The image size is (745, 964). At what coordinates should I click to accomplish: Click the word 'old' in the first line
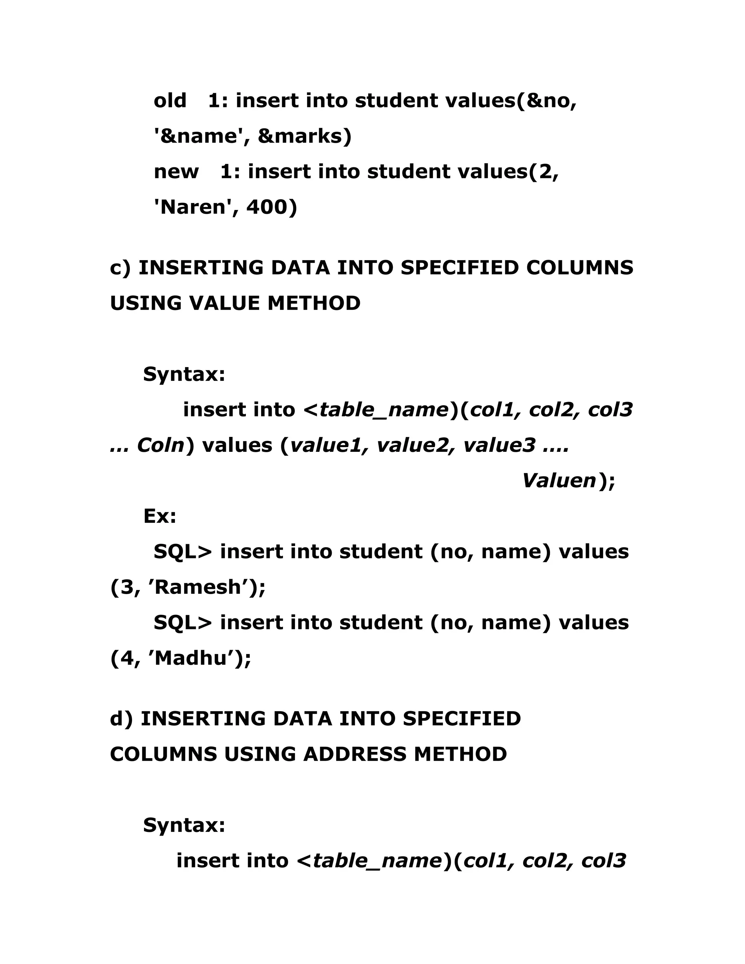click(x=170, y=101)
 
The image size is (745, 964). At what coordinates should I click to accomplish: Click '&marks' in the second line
click(x=304, y=136)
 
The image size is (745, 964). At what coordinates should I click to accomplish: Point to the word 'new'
click(x=176, y=172)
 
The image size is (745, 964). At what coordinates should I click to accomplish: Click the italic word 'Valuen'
click(x=559, y=481)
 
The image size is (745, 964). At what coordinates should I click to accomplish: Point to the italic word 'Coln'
click(x=160, y=445)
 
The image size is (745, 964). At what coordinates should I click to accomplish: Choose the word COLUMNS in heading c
click(x=579, y=268)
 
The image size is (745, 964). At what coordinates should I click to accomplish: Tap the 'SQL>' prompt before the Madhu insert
click(x=183, y=623)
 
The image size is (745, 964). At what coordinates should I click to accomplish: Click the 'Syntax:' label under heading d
click(x=184, y=825)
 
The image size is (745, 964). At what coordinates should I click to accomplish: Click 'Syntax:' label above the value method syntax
click(x=184, y=374)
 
